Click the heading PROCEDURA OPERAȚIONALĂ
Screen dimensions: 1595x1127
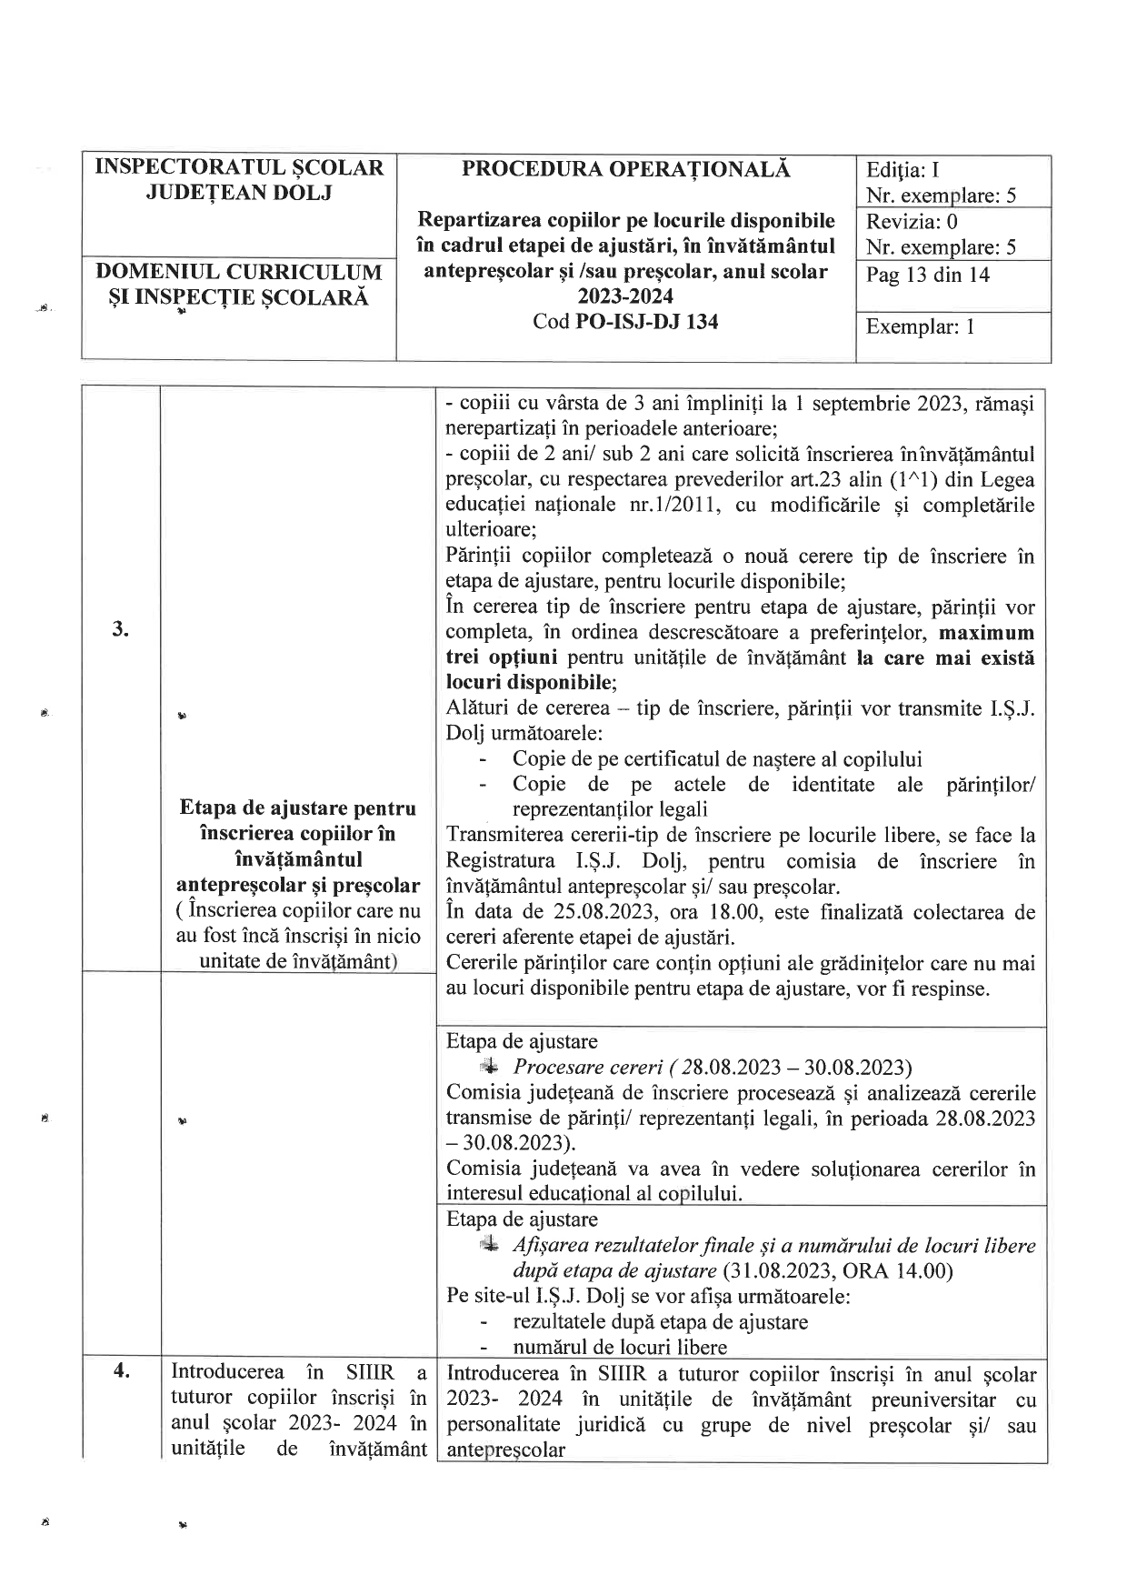(x=626, y=169)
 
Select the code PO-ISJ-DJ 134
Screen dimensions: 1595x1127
(x=648, y=321)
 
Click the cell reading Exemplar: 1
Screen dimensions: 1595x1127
(x=920, y=326)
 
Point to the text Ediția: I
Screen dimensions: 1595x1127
(x=903, y=170)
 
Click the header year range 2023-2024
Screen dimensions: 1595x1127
(x=626, y=296)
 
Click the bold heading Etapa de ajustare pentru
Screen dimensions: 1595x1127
(x=298, y=808)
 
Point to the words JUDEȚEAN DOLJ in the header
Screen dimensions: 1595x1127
(x=240, y=193)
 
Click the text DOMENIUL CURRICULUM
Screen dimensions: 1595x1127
(x=239, y=272)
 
